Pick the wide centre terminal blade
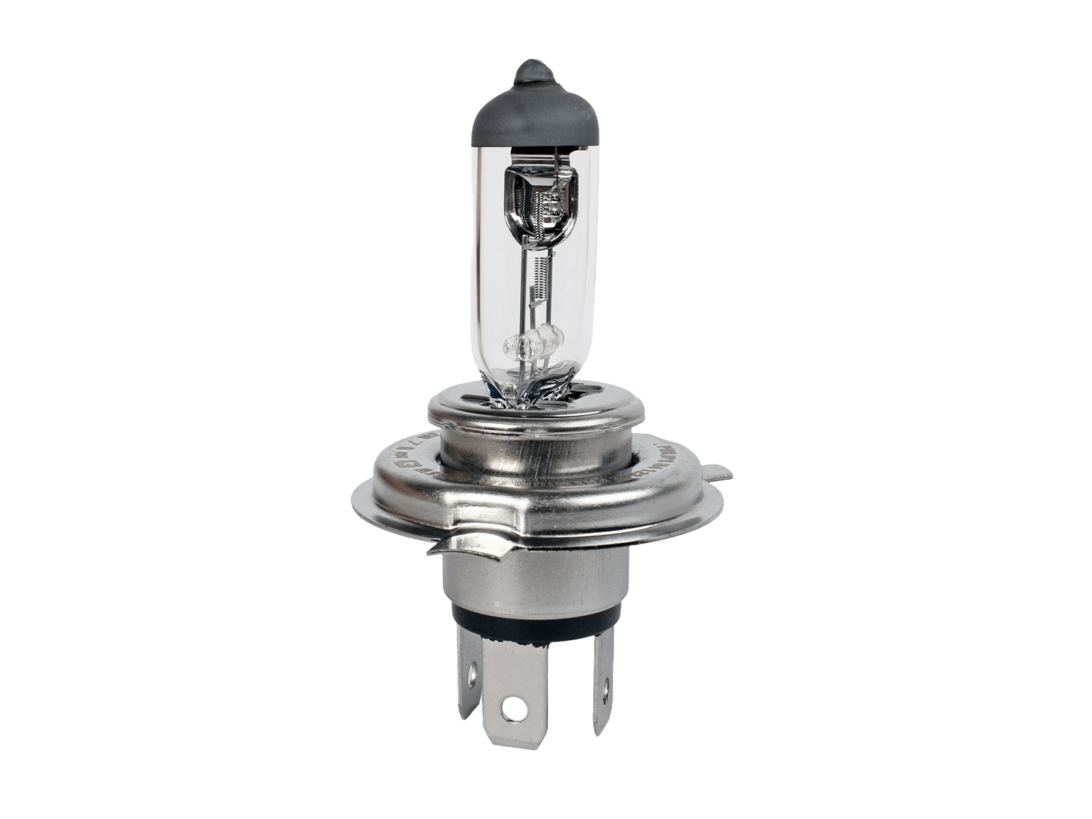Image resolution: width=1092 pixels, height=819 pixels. click(513, 689)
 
